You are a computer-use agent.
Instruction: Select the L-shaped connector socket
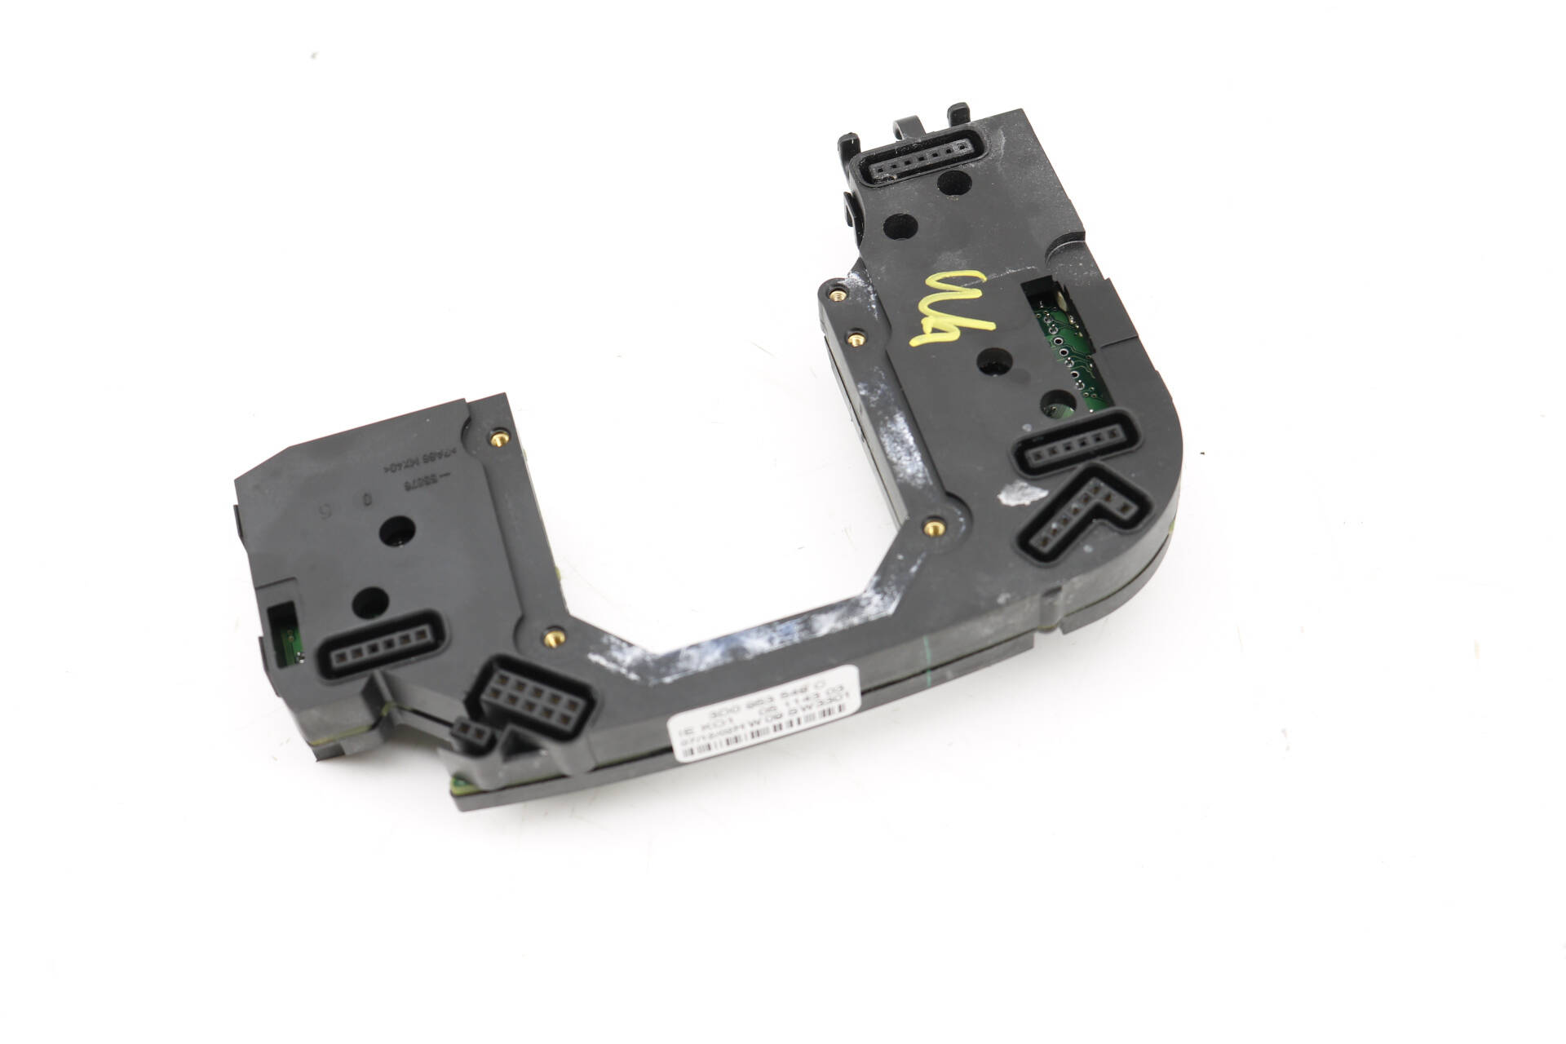pos(1077,515)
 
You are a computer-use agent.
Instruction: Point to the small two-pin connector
pos(473,732)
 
